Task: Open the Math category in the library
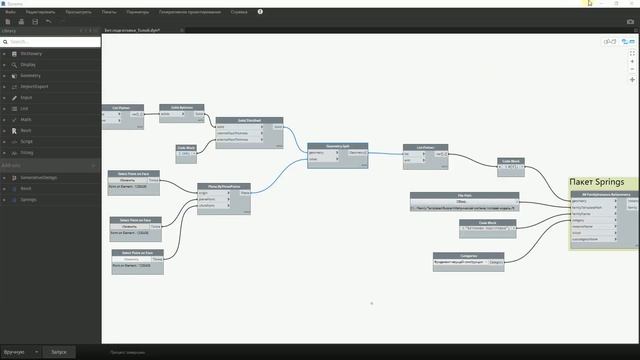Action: pos(25,119)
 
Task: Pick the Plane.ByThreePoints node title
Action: pos(222,185)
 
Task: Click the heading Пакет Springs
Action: pos(596,181)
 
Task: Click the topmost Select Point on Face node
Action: pos(135,172)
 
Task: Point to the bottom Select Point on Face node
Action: pos(135,253)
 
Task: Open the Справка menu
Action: pos(238,11)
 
